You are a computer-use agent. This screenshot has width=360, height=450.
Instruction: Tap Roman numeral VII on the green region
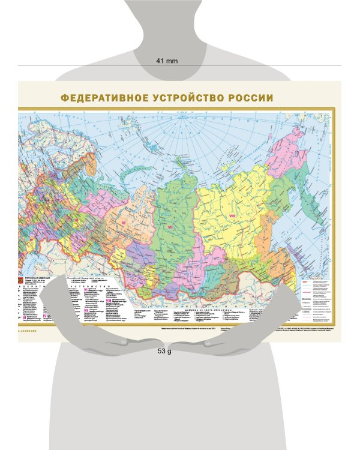pos(170,228)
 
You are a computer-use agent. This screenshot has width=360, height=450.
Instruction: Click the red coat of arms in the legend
pos(22,280)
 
